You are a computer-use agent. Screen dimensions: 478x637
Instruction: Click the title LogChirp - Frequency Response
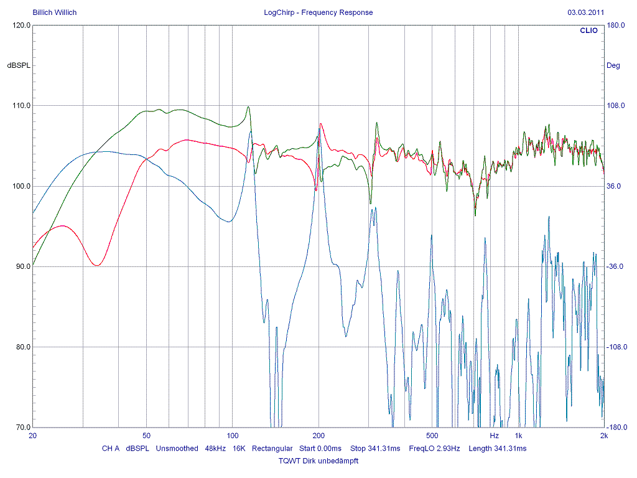318,12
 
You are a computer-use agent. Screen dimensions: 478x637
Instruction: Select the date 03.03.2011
585,12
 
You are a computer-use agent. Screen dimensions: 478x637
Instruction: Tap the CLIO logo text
588,30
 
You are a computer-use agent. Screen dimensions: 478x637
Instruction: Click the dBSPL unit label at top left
19,65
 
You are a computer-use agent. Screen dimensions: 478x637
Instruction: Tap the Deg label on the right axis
613,65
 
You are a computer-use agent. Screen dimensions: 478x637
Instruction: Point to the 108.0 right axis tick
616,106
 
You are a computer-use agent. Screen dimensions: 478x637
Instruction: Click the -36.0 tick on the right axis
616,266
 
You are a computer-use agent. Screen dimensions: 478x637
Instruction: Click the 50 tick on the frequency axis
147,436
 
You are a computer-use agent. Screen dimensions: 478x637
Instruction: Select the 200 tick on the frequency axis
318,436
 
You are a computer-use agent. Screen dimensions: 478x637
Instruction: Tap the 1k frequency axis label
518,436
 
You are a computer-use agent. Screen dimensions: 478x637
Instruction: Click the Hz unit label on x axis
494,436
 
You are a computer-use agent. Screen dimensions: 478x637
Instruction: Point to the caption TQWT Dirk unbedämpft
318,461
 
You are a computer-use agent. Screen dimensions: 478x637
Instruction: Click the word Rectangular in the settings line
272,448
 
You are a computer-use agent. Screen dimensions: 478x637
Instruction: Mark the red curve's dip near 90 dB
97,265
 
